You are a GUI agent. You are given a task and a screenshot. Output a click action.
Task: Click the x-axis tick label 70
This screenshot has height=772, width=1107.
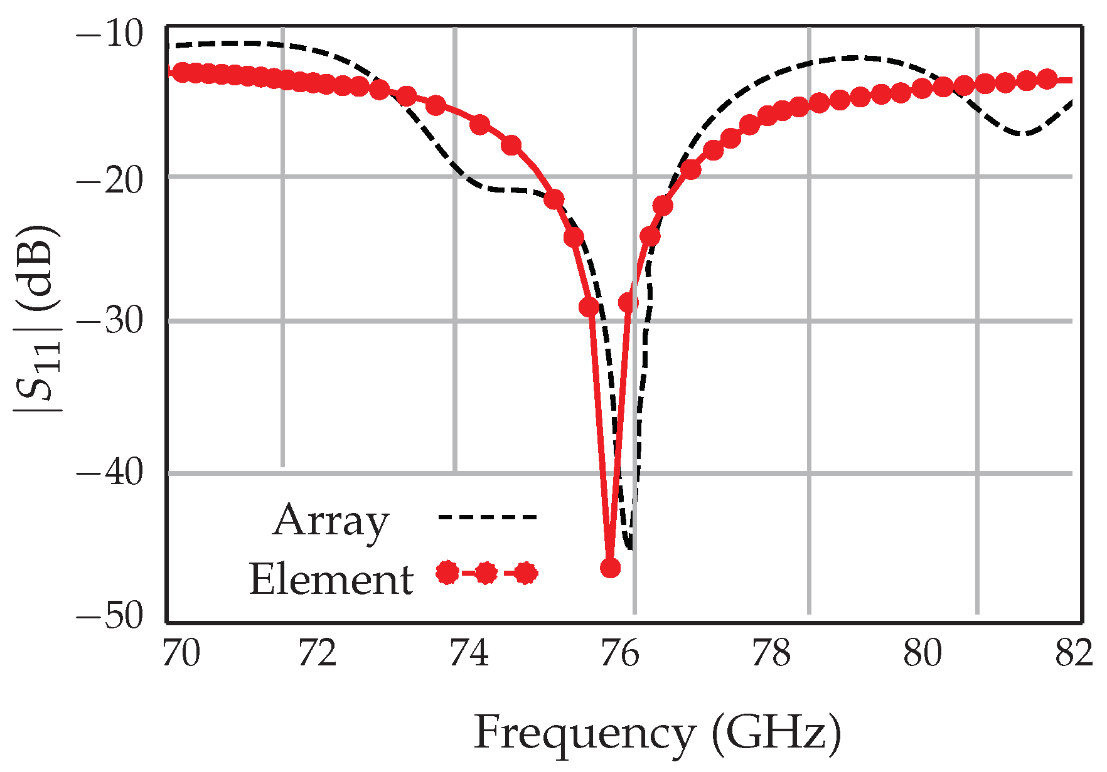coord(181,655)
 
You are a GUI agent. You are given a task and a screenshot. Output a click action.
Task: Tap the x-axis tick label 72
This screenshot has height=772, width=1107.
coord(318,655)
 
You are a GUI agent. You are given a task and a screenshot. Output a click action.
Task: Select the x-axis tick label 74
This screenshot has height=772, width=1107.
coord(469,655)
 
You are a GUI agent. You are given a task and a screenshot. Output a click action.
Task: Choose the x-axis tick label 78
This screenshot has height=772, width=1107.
coord(771,655)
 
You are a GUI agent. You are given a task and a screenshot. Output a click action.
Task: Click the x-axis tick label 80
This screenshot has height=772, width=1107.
coord(923,655)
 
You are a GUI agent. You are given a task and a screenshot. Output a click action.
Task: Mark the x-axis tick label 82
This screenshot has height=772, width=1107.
coord(1074,655)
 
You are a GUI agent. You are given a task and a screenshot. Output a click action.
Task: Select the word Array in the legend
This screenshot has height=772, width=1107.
coord(331,521)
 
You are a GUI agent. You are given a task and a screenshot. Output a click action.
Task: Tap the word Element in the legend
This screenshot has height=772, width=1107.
coord(331,578)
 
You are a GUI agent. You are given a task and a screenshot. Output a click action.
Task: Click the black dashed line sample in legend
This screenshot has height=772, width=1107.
coord(487,517)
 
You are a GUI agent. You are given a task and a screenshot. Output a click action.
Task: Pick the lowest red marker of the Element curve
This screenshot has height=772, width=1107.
coord(611,568)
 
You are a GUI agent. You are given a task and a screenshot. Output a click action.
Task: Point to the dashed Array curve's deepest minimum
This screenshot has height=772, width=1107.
coord(629,548)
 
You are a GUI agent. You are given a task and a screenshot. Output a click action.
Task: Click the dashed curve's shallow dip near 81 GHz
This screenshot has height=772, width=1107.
coord(1023,134)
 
